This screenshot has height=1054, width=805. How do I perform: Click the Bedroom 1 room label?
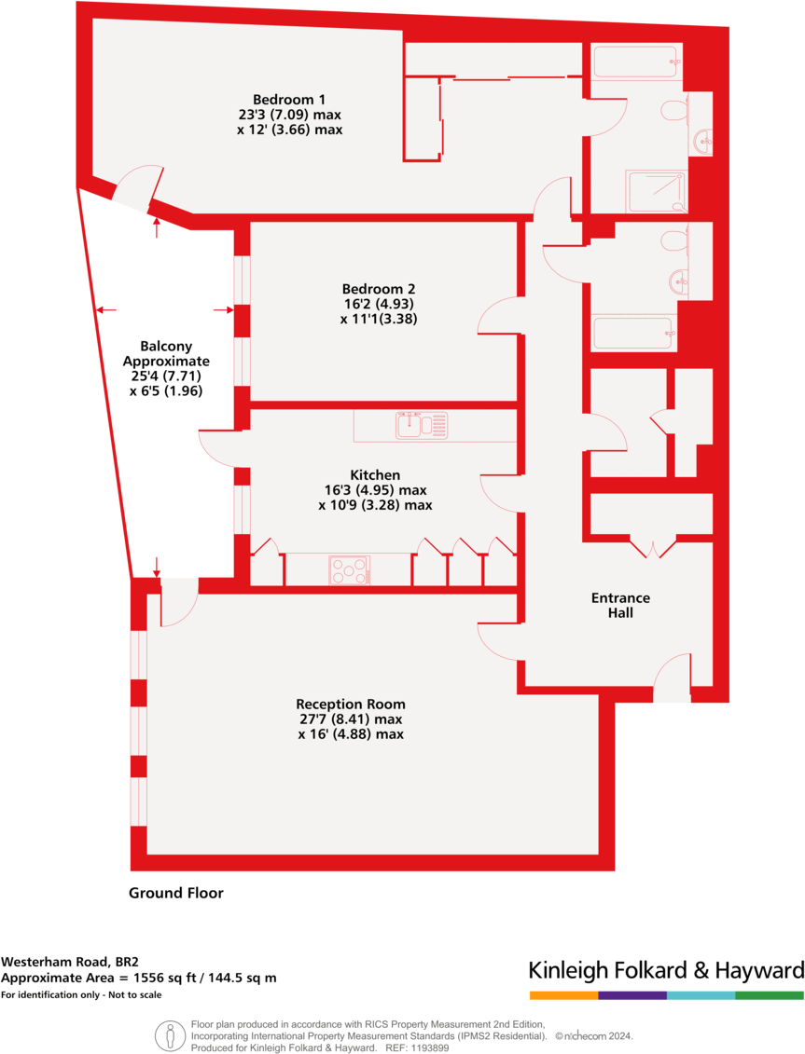(x=289, y=100)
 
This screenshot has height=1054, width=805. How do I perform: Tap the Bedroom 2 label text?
(x=378, y=289)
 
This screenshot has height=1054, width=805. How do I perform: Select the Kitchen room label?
(x=375, y=475)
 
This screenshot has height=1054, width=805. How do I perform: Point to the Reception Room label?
(x=351, y=704)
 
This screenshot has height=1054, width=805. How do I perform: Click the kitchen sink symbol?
(x=422, y=425)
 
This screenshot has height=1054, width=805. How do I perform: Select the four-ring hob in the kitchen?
(x=349, y=569)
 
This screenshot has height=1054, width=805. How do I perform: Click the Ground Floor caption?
(x=176, y=893)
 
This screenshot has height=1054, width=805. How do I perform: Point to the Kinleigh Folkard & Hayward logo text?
(x=665, y=969)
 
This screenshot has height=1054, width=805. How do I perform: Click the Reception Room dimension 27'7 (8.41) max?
(x=350, y=719)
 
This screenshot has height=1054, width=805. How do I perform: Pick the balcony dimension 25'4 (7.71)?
(x=167, y=376)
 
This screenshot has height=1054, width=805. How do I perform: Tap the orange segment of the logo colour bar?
(x=562, y=995)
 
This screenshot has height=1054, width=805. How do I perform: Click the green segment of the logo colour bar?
(x=769, y=995)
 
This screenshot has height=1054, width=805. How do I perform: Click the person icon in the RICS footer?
(x=170, y=1034)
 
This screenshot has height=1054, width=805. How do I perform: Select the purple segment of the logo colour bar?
(x=632, y=995)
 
